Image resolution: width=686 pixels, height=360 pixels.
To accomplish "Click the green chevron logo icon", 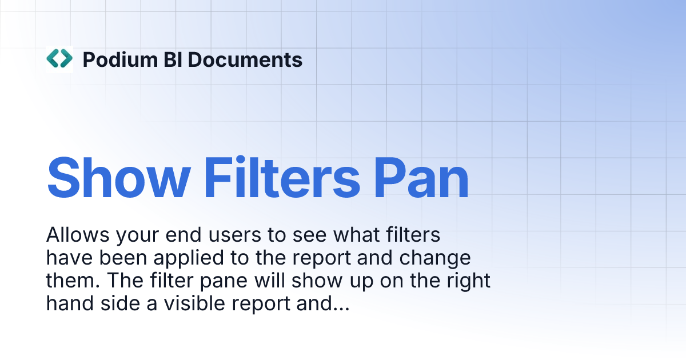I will click(x=59, y=59).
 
